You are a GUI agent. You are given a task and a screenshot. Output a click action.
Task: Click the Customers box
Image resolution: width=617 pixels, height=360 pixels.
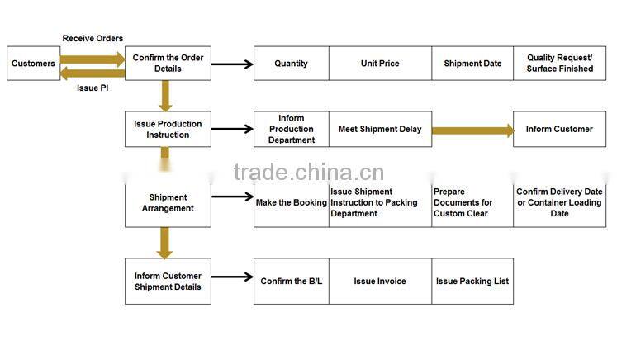pos(33,64)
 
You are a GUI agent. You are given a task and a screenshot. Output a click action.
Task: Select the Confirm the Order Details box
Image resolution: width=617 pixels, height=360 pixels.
pos(168,64)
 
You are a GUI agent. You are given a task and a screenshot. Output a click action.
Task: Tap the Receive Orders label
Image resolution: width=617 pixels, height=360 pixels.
pos(93,39)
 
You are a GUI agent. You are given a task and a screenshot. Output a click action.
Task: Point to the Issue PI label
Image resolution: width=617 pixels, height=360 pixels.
pos(93,88)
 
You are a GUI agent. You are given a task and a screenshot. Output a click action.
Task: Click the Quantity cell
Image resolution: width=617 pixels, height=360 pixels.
pos(291,64)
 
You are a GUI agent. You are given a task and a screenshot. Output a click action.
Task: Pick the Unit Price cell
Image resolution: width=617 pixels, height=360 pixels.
pos(380,64)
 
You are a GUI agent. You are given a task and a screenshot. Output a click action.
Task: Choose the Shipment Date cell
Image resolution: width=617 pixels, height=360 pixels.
pos(472,64)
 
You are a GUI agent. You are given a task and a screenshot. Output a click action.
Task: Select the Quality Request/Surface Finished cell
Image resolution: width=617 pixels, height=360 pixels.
pos(559,64)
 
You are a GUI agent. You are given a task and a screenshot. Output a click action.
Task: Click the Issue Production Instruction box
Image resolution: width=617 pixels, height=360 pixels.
pos(168,130)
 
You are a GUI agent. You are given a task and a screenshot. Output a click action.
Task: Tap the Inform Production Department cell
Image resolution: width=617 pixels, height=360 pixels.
pos(291,130)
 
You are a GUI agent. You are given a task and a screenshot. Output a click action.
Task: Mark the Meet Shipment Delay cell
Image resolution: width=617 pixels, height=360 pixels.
pos(380,130)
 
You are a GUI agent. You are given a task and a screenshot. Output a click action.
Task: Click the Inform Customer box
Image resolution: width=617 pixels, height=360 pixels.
pos(559,130)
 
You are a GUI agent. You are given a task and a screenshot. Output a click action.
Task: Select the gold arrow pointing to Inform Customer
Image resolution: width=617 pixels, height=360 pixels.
pos(472,130)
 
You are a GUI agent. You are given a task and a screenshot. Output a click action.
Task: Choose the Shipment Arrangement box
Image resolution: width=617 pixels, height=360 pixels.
pos(168,203)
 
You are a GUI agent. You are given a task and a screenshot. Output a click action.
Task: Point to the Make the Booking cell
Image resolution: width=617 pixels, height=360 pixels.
pos(291,203)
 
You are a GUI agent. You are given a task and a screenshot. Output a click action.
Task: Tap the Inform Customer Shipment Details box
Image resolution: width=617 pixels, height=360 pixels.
pos(168,282)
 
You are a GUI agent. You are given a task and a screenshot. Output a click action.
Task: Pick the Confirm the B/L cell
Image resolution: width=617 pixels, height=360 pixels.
pos(291,282)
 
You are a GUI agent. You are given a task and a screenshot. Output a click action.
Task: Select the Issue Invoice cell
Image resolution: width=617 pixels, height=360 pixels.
pos(380,282)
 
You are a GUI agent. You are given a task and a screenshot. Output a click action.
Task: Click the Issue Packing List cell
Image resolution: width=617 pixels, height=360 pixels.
pos(472,282)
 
